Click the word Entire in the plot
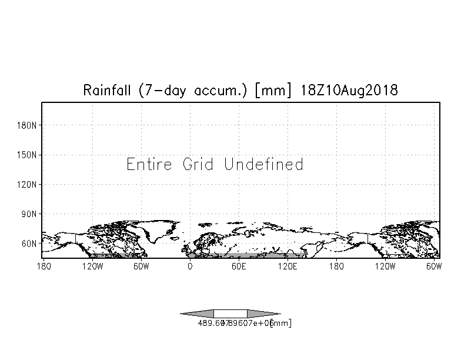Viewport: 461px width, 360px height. point(149,164)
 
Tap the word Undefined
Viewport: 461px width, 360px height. point(263,164)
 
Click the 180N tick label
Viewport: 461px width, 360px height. point(27,125)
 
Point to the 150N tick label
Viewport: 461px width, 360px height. point(27,155)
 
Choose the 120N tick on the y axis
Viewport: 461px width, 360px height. point(27,184)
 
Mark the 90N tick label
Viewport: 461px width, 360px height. point(29,214)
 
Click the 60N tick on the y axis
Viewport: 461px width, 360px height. point(29,243)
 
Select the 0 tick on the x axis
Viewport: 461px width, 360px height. point(189,267)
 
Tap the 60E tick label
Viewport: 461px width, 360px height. point(238,267)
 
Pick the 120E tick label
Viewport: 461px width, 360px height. point(287,267)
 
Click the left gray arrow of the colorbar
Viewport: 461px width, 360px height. point(197,314)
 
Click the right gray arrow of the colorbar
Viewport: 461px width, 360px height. point(263,314)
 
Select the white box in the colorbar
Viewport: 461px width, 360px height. point(230,314)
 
